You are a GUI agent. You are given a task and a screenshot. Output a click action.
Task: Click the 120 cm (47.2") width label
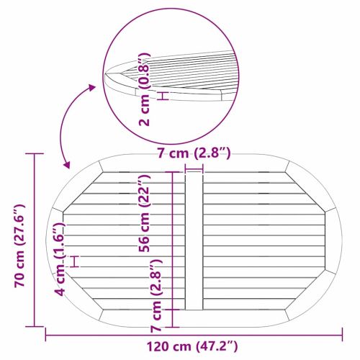(x=194, y=346)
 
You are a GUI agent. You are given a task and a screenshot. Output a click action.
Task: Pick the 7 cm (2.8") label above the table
(x=194, y=153)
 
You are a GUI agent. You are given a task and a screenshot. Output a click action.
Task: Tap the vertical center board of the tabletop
(x=194, y=245)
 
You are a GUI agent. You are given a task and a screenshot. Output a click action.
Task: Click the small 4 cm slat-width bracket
(x=73, y=261)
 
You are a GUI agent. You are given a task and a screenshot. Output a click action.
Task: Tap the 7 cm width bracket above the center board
(x=194, y=168)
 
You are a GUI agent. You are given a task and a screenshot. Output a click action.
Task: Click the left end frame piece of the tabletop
(x=57, y=245)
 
